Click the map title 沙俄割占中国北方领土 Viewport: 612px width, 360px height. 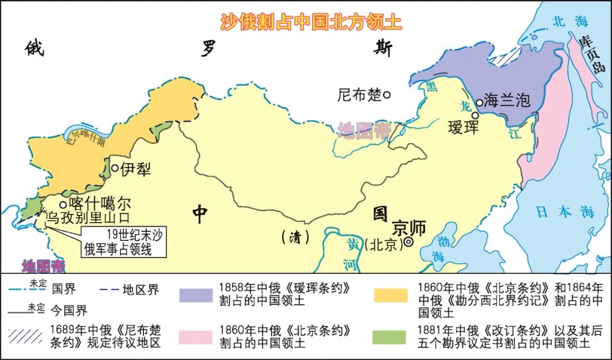point(311,21)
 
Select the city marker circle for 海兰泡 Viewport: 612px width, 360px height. point(479,103)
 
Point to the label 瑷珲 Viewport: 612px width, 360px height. point(463,126)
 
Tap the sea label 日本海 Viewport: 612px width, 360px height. point(565,212)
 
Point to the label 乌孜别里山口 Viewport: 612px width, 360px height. point(88,217)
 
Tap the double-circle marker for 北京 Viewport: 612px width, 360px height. point(408,243)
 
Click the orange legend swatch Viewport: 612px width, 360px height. point(390,295)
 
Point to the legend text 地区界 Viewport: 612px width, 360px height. point(141,290)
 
